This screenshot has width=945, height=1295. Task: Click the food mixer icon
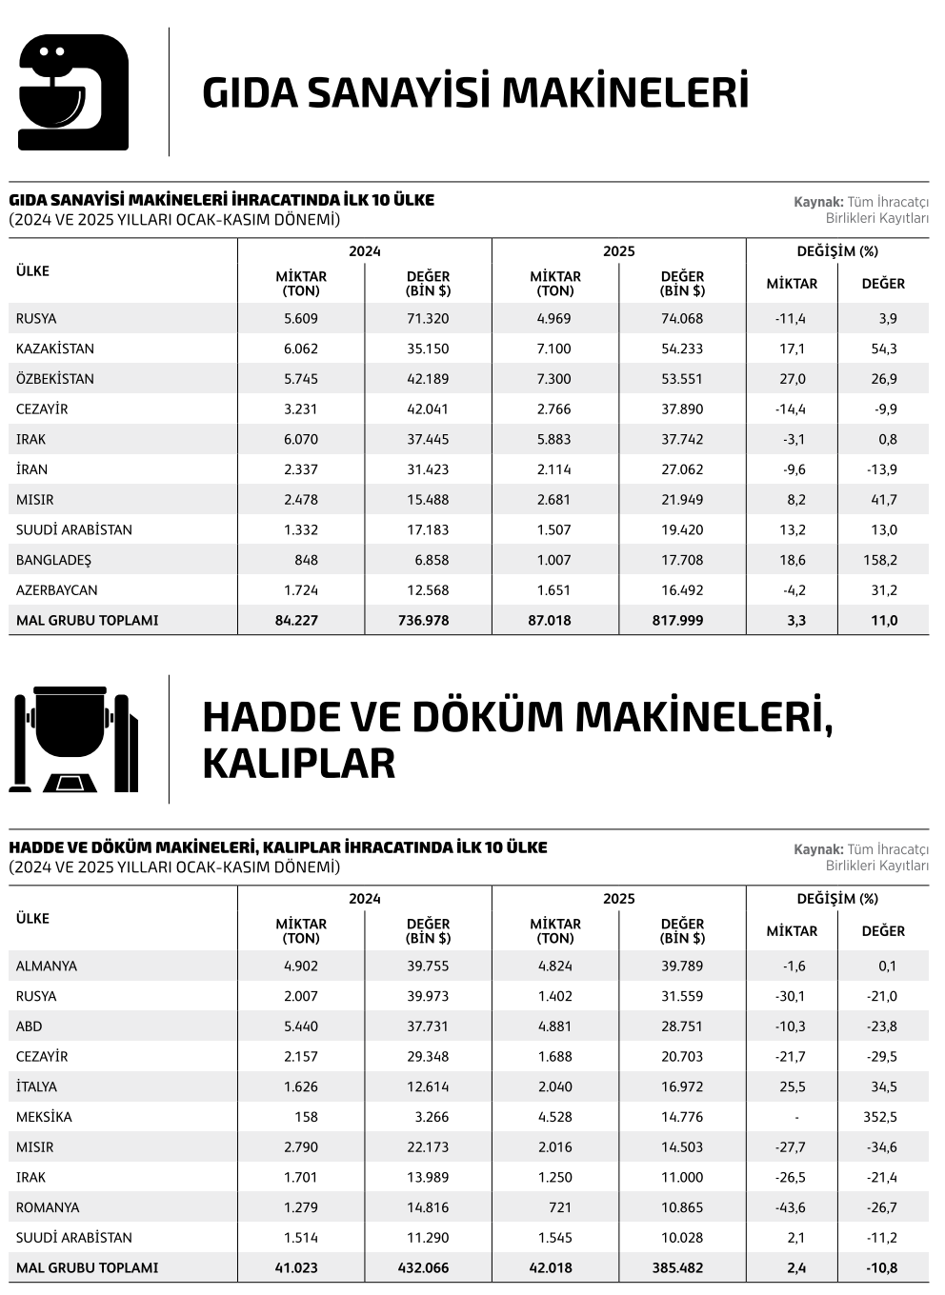(73, 92)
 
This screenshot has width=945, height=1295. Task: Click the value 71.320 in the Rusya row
(428, 318)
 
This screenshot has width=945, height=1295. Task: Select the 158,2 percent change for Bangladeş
(880, 560)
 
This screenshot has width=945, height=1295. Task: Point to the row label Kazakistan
(55, 349)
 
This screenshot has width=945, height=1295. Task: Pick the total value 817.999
(682, 620)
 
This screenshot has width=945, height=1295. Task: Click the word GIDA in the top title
(251, 92)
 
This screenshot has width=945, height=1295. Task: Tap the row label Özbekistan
(55, 379)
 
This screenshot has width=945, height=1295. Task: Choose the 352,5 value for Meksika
(880, 1117)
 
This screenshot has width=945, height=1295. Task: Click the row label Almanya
(47, 966)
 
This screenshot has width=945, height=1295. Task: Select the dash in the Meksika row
(796, 1117)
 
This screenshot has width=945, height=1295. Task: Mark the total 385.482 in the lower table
(682, 1267)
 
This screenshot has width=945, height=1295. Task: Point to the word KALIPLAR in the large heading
(298, 764)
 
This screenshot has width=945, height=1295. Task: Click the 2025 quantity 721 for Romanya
(560, 1207)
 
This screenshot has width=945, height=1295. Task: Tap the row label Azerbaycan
(56, 590)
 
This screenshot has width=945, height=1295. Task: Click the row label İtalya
(36, 1086)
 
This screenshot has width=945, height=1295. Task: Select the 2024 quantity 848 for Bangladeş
(307, 560)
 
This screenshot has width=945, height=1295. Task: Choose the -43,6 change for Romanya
(791, 1207)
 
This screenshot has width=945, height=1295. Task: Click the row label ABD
(30, 1026)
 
